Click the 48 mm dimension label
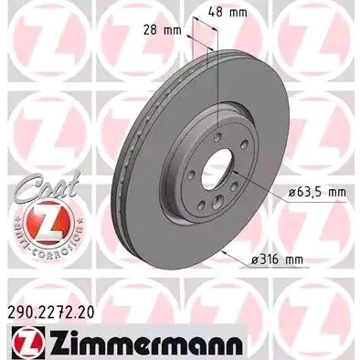228,12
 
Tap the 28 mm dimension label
162,30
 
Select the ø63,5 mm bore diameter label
317,193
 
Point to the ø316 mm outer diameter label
277,259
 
